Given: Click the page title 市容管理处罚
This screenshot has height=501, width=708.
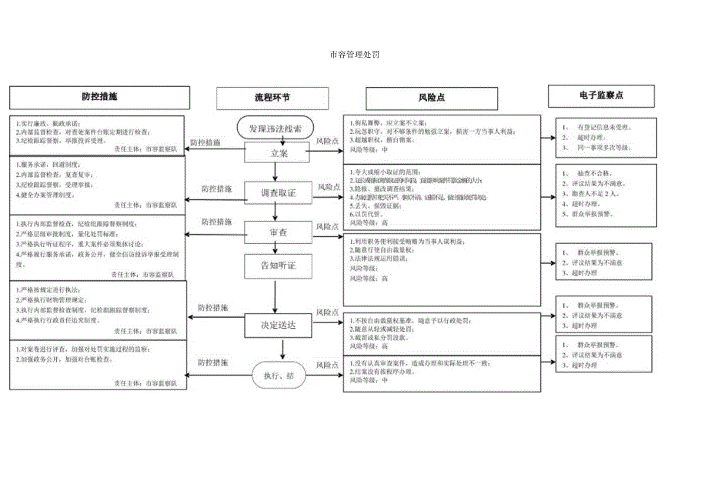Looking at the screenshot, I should (354, 55).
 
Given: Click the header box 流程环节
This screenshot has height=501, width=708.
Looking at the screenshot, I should (272, 98).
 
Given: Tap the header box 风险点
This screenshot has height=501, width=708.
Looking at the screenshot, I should (432, 98).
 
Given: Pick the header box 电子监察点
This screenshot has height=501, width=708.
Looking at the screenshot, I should (601, 95).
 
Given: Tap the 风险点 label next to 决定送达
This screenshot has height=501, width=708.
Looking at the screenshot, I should (329, 313).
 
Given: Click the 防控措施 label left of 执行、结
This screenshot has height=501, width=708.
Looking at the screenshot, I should (213, 362).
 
